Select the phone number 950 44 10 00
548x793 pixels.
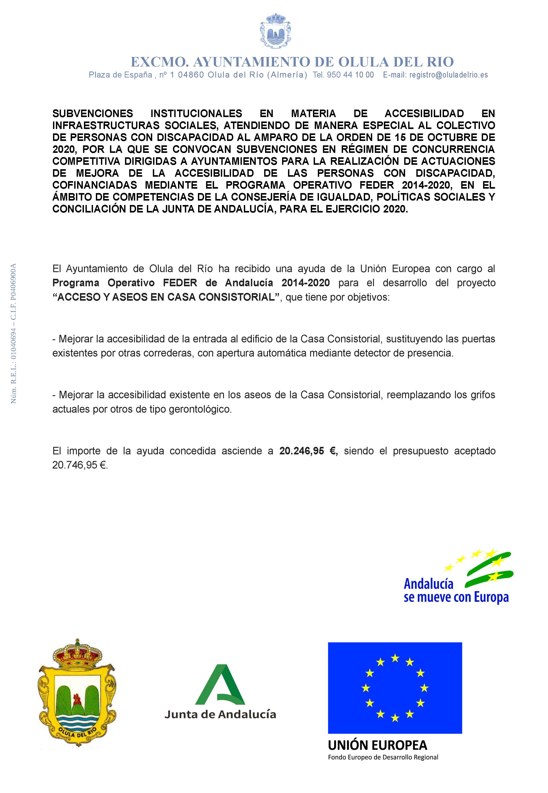coord(350,75)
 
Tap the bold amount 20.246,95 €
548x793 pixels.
coord(308,451)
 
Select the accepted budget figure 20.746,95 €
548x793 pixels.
coord(80,465)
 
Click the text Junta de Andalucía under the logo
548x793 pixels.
coord(220,714)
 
